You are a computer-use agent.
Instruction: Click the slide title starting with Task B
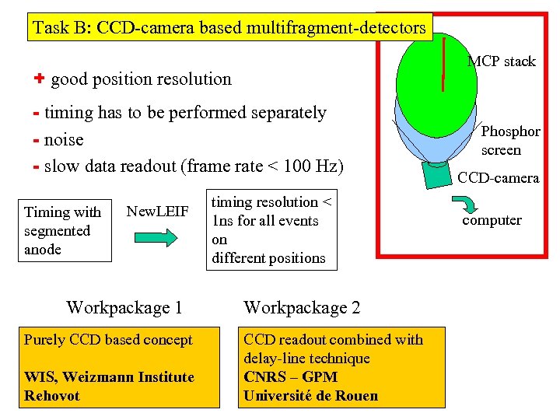click(x=229, y=29)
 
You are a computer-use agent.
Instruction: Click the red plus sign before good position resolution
click(x=39, y=79)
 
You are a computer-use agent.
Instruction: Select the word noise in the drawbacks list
click(x=63, y=140)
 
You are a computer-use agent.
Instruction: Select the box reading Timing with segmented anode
click(x=63, y=231)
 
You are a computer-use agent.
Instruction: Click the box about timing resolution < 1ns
click(x=271, y=230)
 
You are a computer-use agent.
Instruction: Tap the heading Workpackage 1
click(x=124, y=307)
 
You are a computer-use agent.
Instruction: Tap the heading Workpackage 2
click(x=302, y=307)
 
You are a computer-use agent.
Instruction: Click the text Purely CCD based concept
click(x=108, y=340)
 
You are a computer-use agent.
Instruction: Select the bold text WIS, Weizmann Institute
click(x=109, y=377)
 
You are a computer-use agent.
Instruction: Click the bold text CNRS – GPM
click(x=290, y=377)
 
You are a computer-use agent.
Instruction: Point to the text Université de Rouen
click(x=310, y=396)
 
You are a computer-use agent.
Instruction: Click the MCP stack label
click(x=502, y=61)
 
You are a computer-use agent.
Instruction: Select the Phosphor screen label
click(x=510, y=141)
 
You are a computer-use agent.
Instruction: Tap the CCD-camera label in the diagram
click(x=498, y=178)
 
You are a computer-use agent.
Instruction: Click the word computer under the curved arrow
click(x=492, y=220)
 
